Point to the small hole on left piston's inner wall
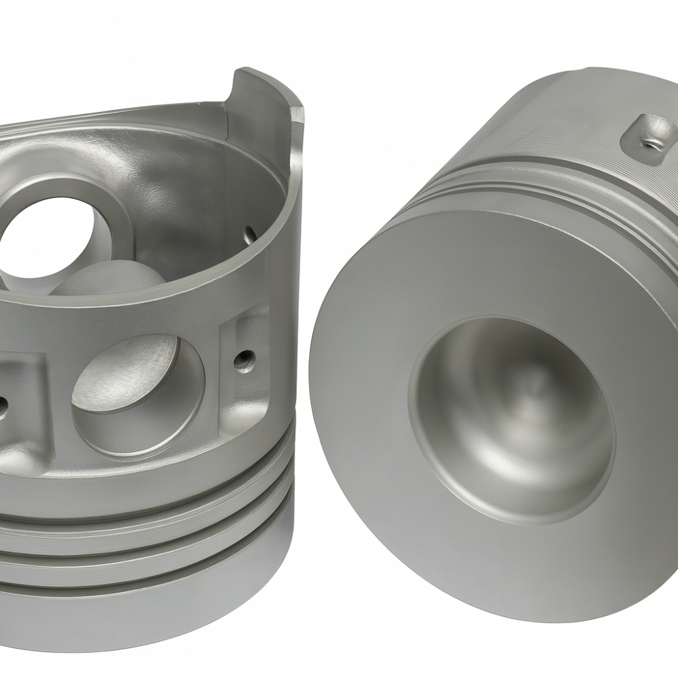point(250,234)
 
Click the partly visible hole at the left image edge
point(3,405)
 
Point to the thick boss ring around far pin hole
point(102,203)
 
